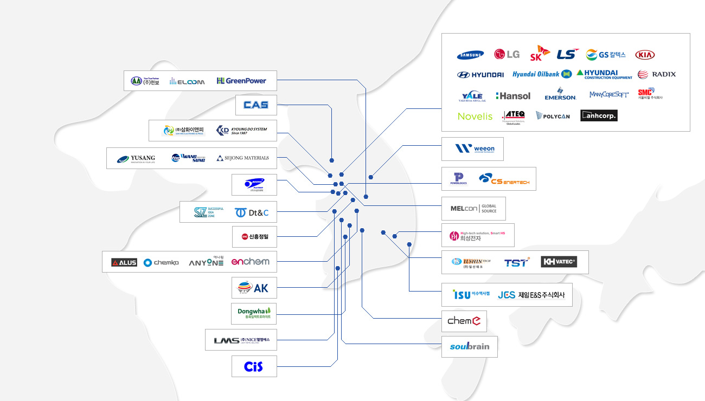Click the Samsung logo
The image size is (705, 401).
click(x=470, y=55)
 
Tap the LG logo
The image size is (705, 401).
click(x=507, y=54)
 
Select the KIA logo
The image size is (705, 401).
click(x=645, y=55)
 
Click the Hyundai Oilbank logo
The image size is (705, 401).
click(x=542, y=74)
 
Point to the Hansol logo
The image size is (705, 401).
click(x=513, y=95)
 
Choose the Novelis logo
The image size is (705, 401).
click(x=475, y=116)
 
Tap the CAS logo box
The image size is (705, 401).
click(x=256, y=105)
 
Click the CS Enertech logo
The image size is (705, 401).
click(x=504, y=179)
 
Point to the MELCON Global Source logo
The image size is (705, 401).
click(x=473, y=209)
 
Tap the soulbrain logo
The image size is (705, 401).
click(x=469, y=346)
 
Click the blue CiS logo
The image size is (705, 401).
click(x=253, y=366)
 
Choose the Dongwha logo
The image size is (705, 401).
click(x=254, y=312)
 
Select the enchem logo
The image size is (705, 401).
click(x=250, y=262)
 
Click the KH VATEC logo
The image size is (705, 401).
click(x=559, y=262)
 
